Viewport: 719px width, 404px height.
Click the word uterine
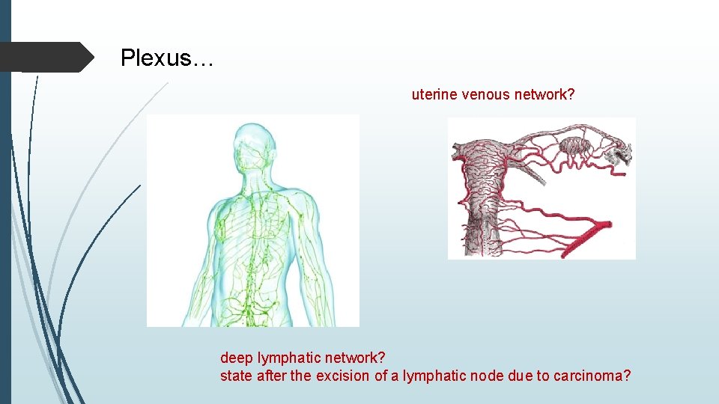click(434, 94)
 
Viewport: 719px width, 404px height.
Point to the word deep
click(236, 358)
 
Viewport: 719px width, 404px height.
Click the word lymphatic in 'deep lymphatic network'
click(288, 358)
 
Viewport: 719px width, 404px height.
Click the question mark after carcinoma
click(627, 376)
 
